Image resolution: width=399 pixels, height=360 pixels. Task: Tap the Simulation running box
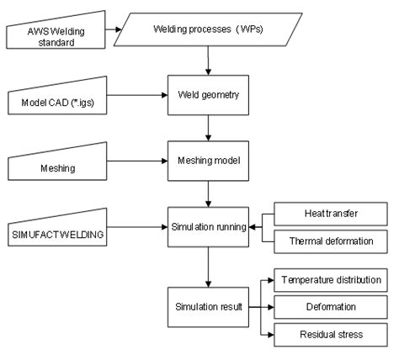click(x=206, y=226)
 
